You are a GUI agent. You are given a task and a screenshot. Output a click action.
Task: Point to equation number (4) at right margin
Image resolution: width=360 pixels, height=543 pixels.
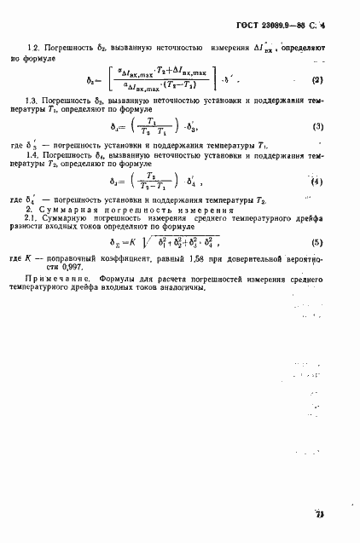pyautogui.click(x=316, y=182)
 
